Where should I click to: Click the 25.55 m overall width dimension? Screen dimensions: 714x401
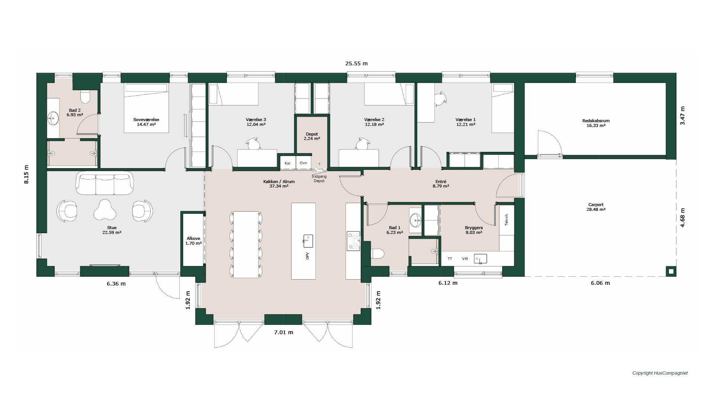(x=356, y=63)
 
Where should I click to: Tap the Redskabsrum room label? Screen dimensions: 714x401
(x=596, y=121)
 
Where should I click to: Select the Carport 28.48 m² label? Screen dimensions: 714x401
(x=596, y=207)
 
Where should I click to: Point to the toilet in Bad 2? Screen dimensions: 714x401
(x=85, y=97)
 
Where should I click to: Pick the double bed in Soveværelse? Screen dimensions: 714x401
(x=146, y=108)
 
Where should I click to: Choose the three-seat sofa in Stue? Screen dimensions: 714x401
(x=104, y=183)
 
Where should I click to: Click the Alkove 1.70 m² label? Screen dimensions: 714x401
(x=193, y=241)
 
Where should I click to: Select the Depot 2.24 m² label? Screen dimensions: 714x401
(x=312, y=136)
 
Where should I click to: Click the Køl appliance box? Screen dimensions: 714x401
(x=287, y=163)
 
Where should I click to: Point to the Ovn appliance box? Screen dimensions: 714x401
(x=303, y=163)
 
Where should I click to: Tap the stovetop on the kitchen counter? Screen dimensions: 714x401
(x=353, y=241)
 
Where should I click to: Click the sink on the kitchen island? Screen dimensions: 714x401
(x=308, y=241)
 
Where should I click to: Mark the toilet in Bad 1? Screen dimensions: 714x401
(x=377, y=254)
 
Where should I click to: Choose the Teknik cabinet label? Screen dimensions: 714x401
(x=506, y=219)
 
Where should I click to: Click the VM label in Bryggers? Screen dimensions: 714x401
(x=464, y=259)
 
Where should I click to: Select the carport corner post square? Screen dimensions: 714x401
(x=671, y=271)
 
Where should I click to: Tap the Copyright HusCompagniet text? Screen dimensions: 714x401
(x=660, y=373)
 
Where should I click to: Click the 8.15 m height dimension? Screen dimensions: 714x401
(x=26, y=174)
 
